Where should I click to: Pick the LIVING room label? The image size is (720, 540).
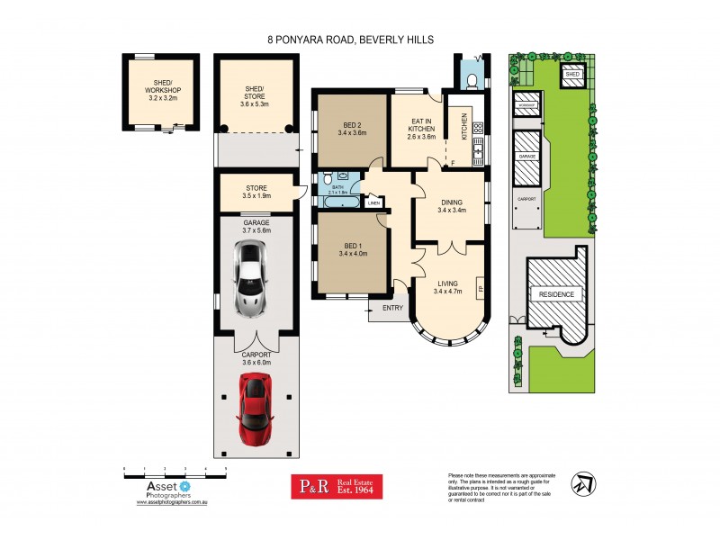click(x=447, y=286)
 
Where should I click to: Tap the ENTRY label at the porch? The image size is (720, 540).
click(x=392, y=309)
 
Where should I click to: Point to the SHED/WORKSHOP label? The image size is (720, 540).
click(x=162, y=90)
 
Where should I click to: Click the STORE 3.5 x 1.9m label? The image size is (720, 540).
click(x=256, y=192)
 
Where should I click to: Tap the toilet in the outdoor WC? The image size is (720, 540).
click(x=471, y=81)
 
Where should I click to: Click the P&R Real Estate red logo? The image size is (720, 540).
click(x=334, y=487)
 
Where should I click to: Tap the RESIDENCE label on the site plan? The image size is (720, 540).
click(x=555, y=294)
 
